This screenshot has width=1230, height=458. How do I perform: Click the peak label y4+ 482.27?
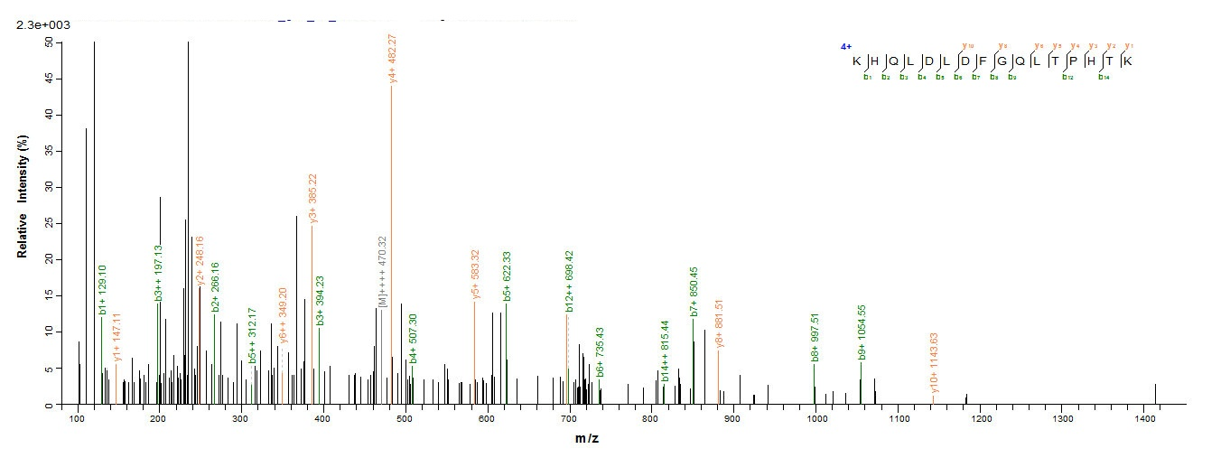[393, 59]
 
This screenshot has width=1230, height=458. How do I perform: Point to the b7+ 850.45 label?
[694, 291]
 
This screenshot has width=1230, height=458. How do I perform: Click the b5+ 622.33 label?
[507, 276]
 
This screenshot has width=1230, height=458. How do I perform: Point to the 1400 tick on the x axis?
[1144, 419]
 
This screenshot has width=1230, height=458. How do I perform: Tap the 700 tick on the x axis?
[570, 419]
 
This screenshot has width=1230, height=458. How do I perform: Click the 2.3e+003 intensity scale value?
[43, 24]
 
